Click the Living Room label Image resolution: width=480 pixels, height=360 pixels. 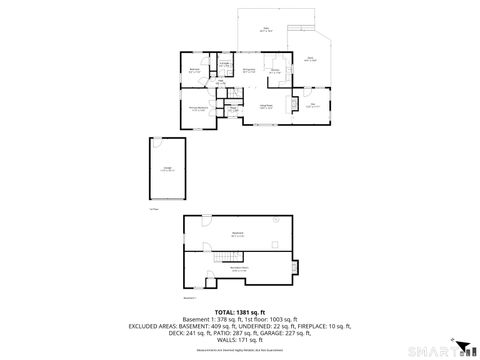click(x=267, y=106)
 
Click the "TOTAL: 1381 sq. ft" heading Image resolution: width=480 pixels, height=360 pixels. click(x=239, y=311)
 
